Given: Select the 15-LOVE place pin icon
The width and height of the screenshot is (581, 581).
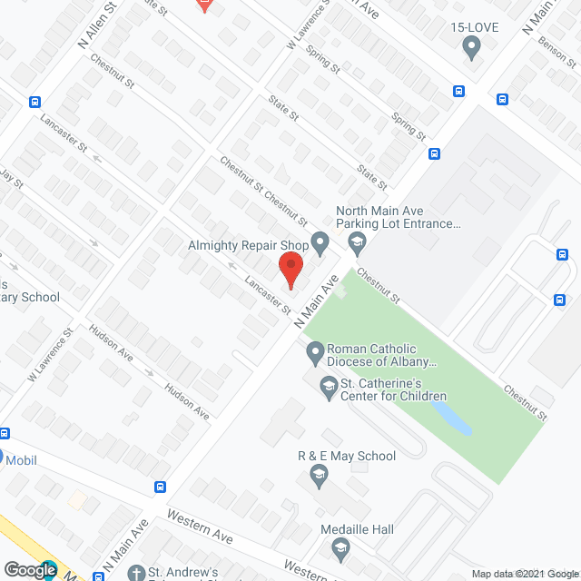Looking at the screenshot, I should pos(470,47).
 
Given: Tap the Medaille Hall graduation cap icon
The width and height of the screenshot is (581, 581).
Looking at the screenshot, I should pos(340,547).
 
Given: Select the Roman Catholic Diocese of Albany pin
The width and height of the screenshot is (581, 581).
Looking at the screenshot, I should pos(315,350).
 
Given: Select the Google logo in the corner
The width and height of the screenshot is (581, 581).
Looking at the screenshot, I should pos(29,569).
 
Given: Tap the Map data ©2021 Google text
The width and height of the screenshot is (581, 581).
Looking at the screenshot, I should pos(524,573).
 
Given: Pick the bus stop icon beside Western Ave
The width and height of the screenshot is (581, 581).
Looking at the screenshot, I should pos(161,487).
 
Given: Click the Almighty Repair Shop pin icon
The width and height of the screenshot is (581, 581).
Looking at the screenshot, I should pos(319,241).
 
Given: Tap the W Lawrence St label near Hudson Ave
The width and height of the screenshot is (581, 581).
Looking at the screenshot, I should pos(51,359).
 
